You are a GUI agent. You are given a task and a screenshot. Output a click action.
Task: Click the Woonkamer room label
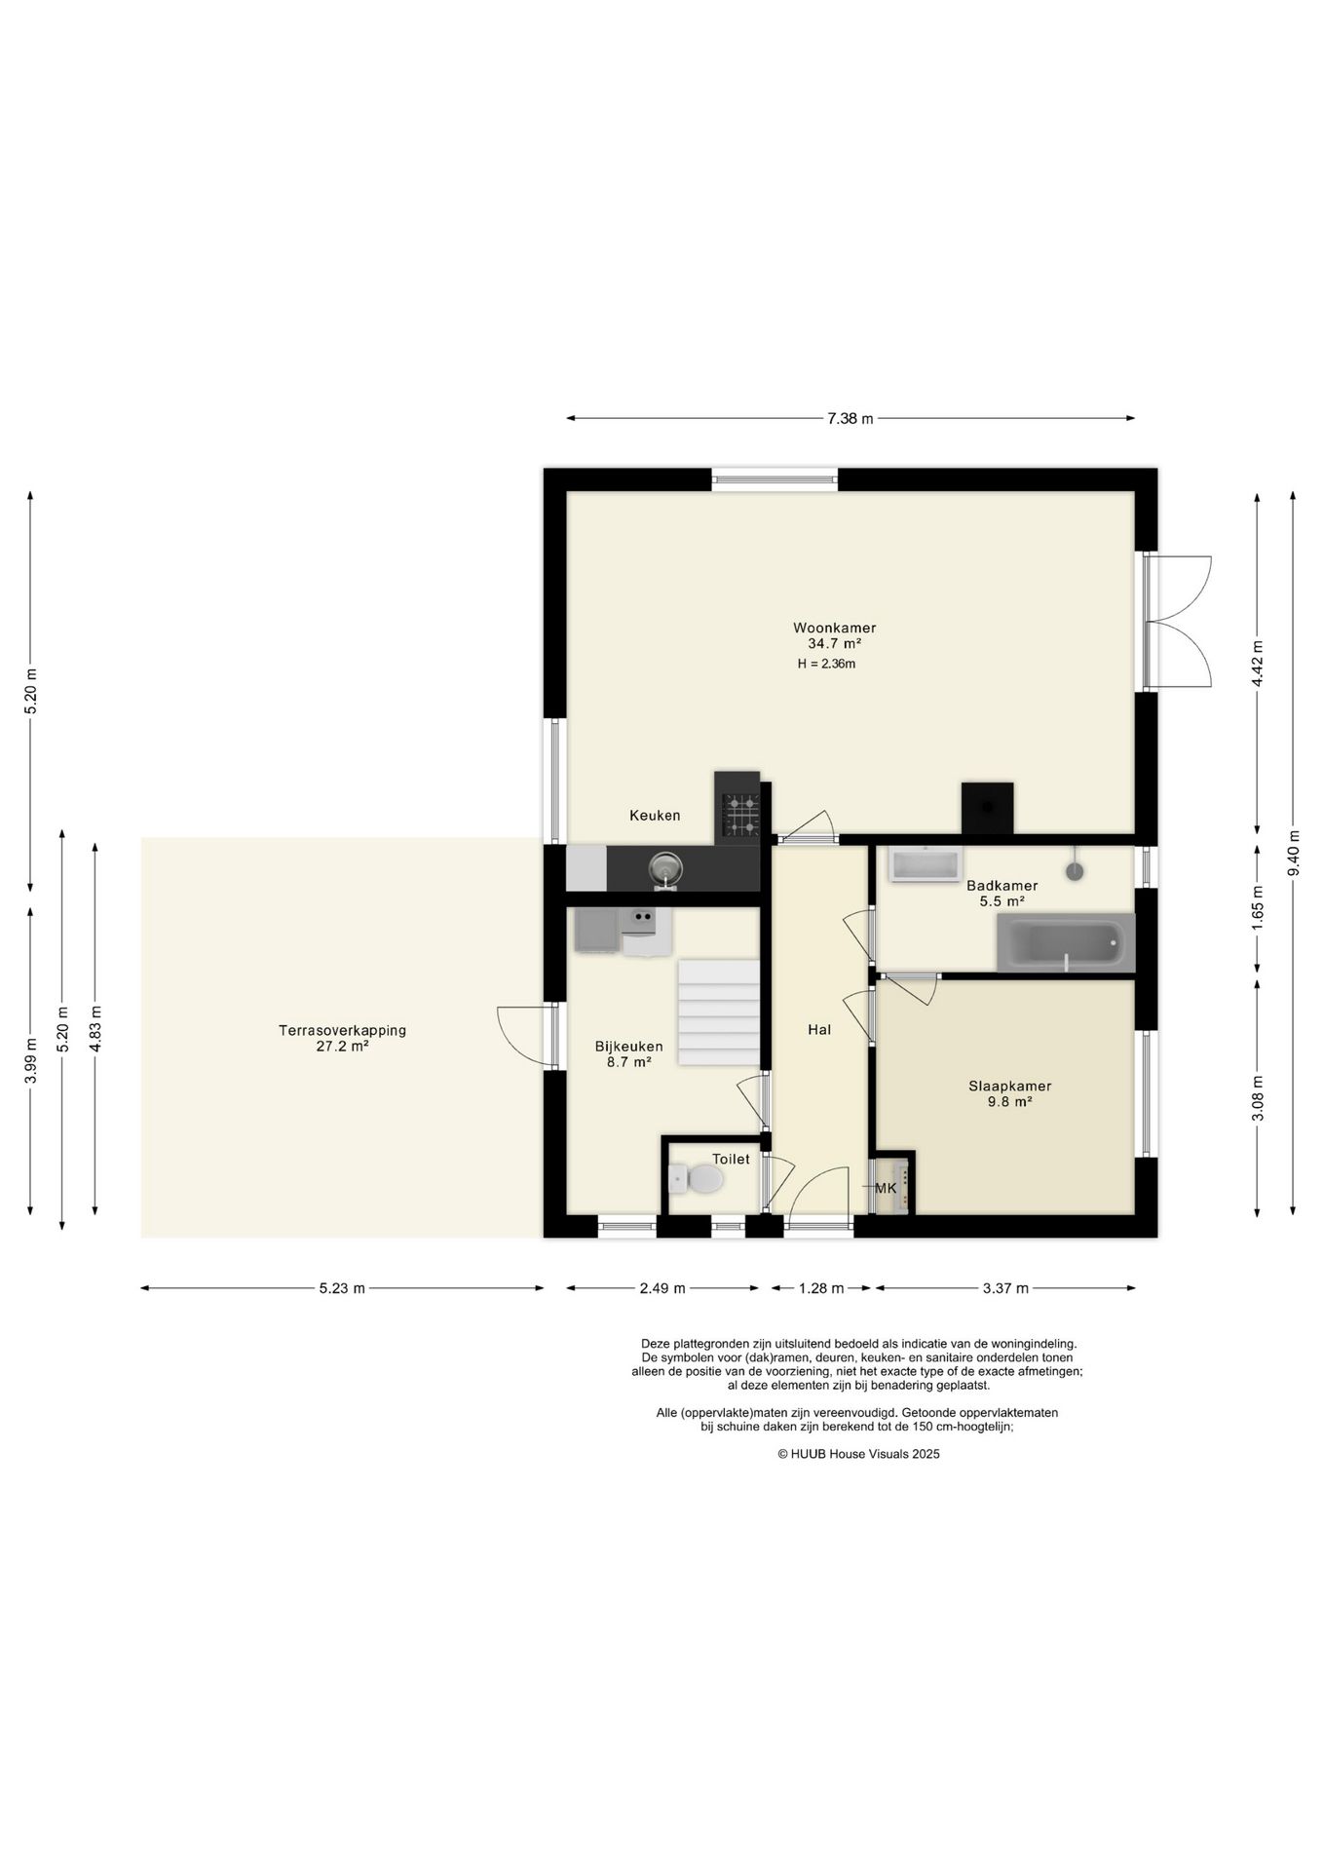coord(834,628)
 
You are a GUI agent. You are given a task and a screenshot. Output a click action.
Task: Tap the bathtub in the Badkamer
coord(1066,942)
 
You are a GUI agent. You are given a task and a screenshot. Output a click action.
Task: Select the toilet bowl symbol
coord(697,1178)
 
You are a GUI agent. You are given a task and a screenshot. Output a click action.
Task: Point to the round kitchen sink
coord(665,866)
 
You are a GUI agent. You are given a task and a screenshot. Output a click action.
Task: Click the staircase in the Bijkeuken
coord(718,1012)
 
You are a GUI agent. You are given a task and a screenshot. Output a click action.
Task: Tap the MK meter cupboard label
coord(886,1188)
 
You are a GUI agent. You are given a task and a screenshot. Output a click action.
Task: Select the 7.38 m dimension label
coord(850,419)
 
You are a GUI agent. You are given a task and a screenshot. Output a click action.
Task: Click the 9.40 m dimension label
coord(1293,853)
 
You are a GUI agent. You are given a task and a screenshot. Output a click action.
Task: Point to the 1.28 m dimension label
coord(821,1288)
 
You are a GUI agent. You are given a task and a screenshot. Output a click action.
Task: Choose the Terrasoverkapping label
coord(342,1030)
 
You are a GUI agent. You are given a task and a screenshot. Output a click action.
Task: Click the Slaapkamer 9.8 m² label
coord(1009,1093)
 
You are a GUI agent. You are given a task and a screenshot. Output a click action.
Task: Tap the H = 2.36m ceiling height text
coord(826,664)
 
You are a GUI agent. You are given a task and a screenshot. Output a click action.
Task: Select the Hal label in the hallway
coord(819,1029)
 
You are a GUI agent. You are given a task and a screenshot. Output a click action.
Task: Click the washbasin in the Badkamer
coord(926,864)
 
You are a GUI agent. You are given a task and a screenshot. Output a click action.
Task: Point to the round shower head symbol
coord(1075,870)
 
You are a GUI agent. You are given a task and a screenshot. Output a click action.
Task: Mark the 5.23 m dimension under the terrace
coord(342,1288)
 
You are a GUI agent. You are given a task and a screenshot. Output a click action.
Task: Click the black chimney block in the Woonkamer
coord(987,808)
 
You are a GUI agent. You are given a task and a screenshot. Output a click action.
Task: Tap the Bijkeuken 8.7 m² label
coord(628,1054)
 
